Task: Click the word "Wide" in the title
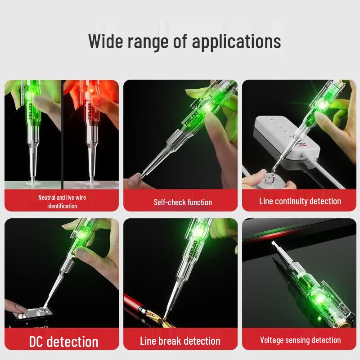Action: pyautogui.click(x=106, y=41)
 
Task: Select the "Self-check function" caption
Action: pyautogui.click(x=183, y=202)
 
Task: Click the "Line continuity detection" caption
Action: pyautogui.click(x=300, y=201)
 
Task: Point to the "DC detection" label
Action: pyautogui.click(x=64, y=342)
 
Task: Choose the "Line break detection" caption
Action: pyautogui.click(x=180, y=341)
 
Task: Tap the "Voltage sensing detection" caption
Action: pyautogui.click(x=300, y=340)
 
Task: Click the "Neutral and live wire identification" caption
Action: pyautogui.click(x=62, y=202)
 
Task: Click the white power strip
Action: pyautogui.click(x=287, y=138)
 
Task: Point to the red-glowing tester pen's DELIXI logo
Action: pyautogui.click(x=89, y=111)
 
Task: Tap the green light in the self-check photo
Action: pyautogui.click(x=208, y=107)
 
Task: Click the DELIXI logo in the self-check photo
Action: pyautogui.click(x=191, y=119)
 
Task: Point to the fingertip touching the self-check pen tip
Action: pyautogui.click(x=135, y=180)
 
